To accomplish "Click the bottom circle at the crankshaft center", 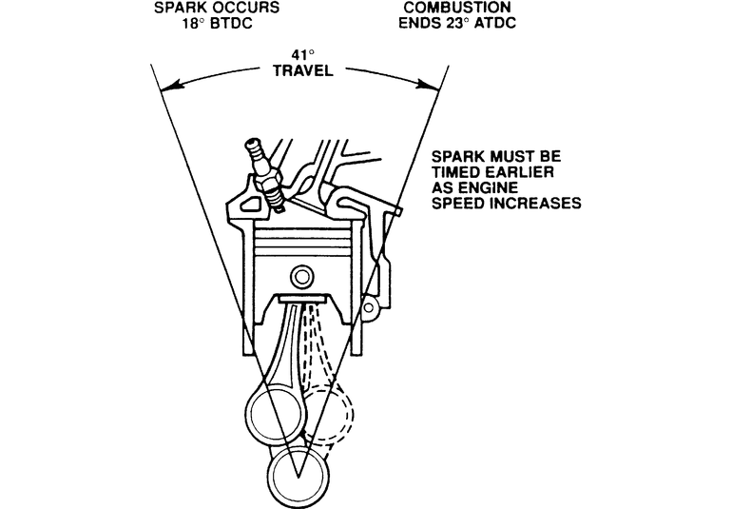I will (x=299, y=470).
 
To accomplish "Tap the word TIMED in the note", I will (x=454, y=172).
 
